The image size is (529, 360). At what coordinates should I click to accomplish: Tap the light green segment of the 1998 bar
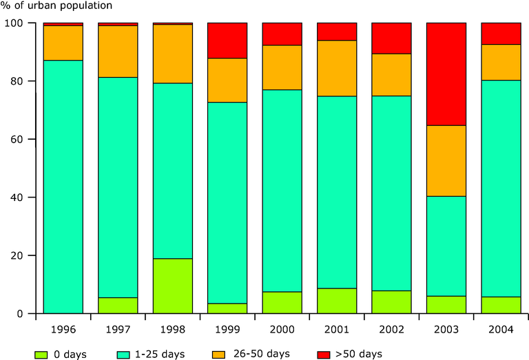172,286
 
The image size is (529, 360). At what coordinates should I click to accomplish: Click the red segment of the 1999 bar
227,41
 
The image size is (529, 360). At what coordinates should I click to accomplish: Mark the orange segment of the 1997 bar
118,52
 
